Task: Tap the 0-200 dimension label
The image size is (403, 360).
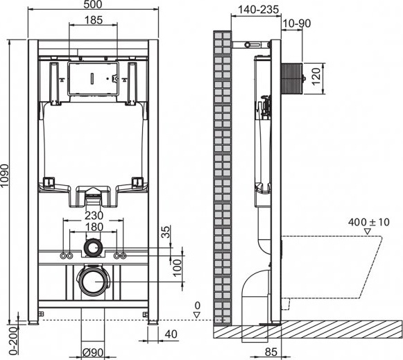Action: coord(6,340)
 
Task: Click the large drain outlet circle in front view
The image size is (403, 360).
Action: coord(93,282)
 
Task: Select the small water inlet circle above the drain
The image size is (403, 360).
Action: coord(93,247)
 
